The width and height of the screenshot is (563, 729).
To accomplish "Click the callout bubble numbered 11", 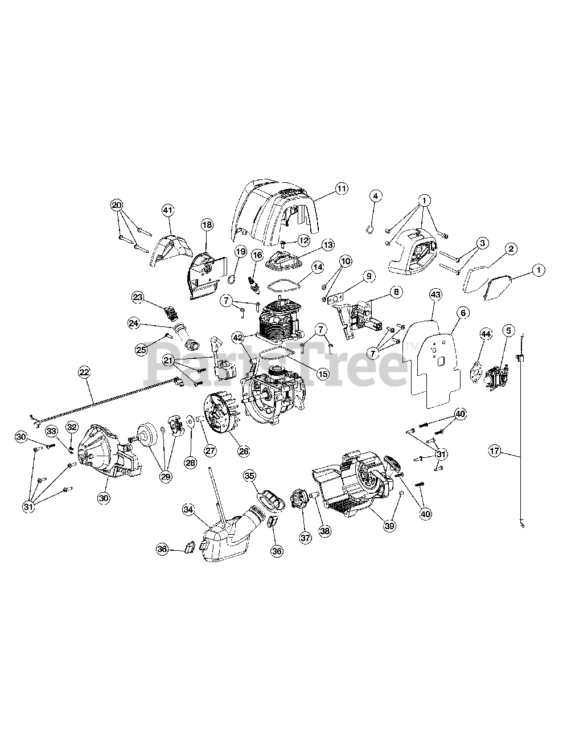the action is point(341,189).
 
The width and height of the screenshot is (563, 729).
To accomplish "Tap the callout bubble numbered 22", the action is point(84,372).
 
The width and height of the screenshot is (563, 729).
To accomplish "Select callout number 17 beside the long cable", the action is point(495,451).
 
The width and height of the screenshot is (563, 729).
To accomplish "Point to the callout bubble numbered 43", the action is point(436,294).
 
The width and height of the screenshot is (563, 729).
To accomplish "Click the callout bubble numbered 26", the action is point(244,451).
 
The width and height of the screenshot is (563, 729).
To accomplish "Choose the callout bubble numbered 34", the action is point(188,510).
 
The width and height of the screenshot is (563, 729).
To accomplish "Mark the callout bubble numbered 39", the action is point(389,526).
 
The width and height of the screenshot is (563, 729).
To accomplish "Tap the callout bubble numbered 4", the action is point(376,195).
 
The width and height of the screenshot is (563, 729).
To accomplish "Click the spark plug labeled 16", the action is point(253,280).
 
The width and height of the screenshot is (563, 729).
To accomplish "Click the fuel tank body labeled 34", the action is point(228,539).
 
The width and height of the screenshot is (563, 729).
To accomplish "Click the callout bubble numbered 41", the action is point(168,210).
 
